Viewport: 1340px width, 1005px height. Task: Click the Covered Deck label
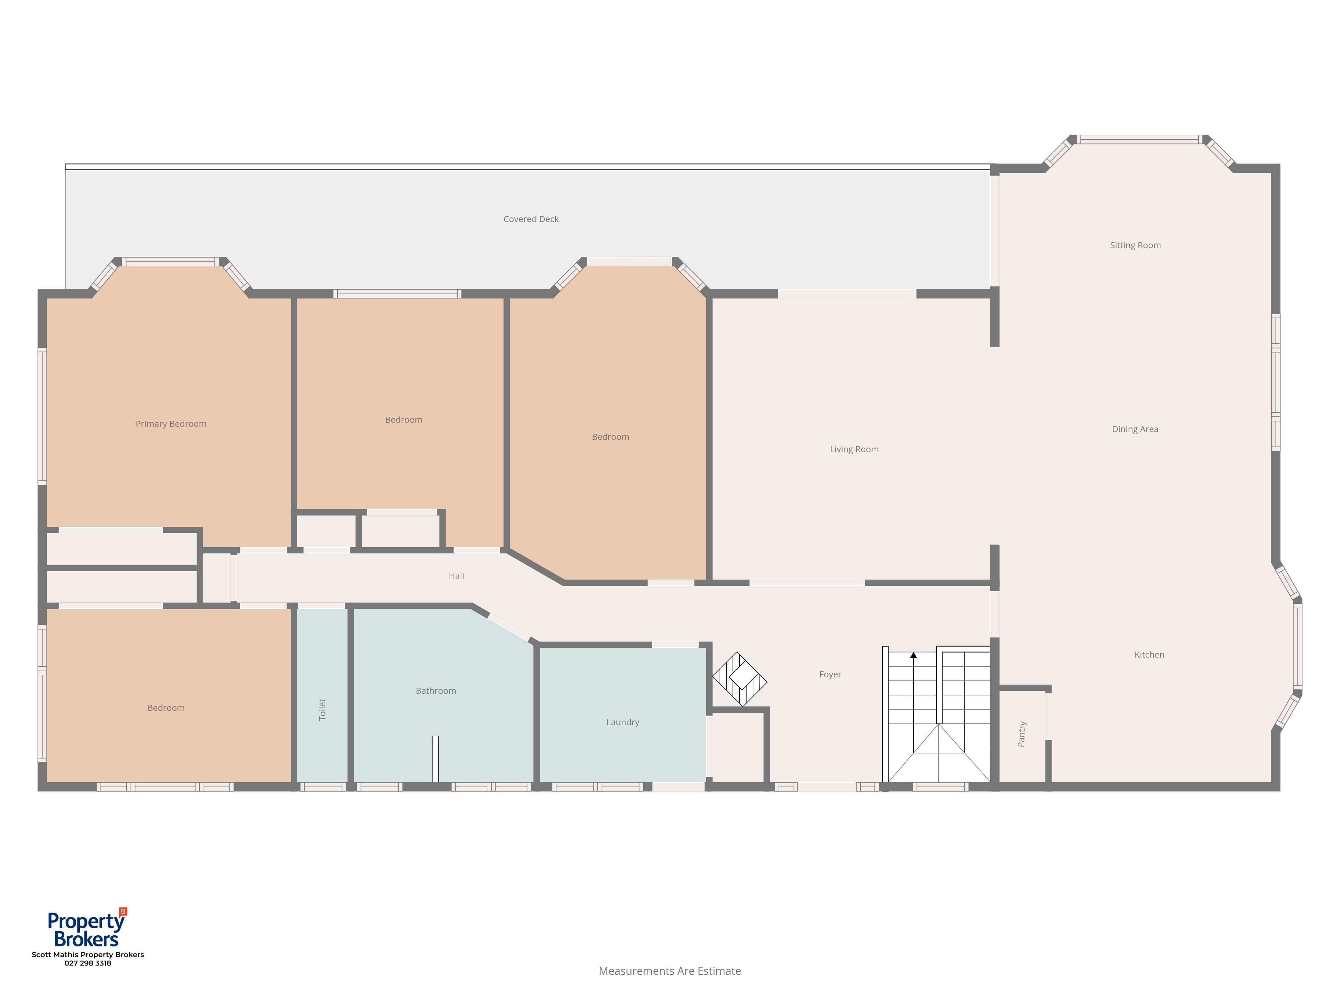pyautogui.click(x=531, y=219)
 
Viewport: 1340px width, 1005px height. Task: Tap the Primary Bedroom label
pyautogui.click(x=171, y=424)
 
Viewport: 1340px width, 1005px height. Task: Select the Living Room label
pyautogui.click(x=854, y=450)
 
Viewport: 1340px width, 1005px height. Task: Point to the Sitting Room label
pyautogui.click(x=1135, y=245)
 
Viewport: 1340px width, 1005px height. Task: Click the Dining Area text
pyautogui.click(x=1135, y=429)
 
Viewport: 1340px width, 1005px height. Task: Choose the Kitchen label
pyautogui.click(x=1149, y=655)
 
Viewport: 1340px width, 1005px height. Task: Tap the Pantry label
pyautogui.click(x=1022, y=734)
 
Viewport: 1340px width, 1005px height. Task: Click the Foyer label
pyautogui.click(x=830, y=675)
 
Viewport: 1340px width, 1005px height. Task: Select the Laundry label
pyautogui.click(x=623, y=723)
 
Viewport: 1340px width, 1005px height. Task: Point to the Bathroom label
pyautogui.click(x=435, y=691)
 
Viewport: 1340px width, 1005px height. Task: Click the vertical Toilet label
pyautogui.click(x=322, y=710)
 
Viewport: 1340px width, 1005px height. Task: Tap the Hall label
pyautogui.click(x=456, y=577)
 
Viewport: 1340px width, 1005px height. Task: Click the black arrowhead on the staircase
pyautogui.click(x=914, y=655)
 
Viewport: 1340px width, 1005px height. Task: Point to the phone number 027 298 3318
pyautogui.click(x=88, y=963)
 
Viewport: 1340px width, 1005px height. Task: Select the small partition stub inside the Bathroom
pyautogui.click(x=435, y=759)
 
